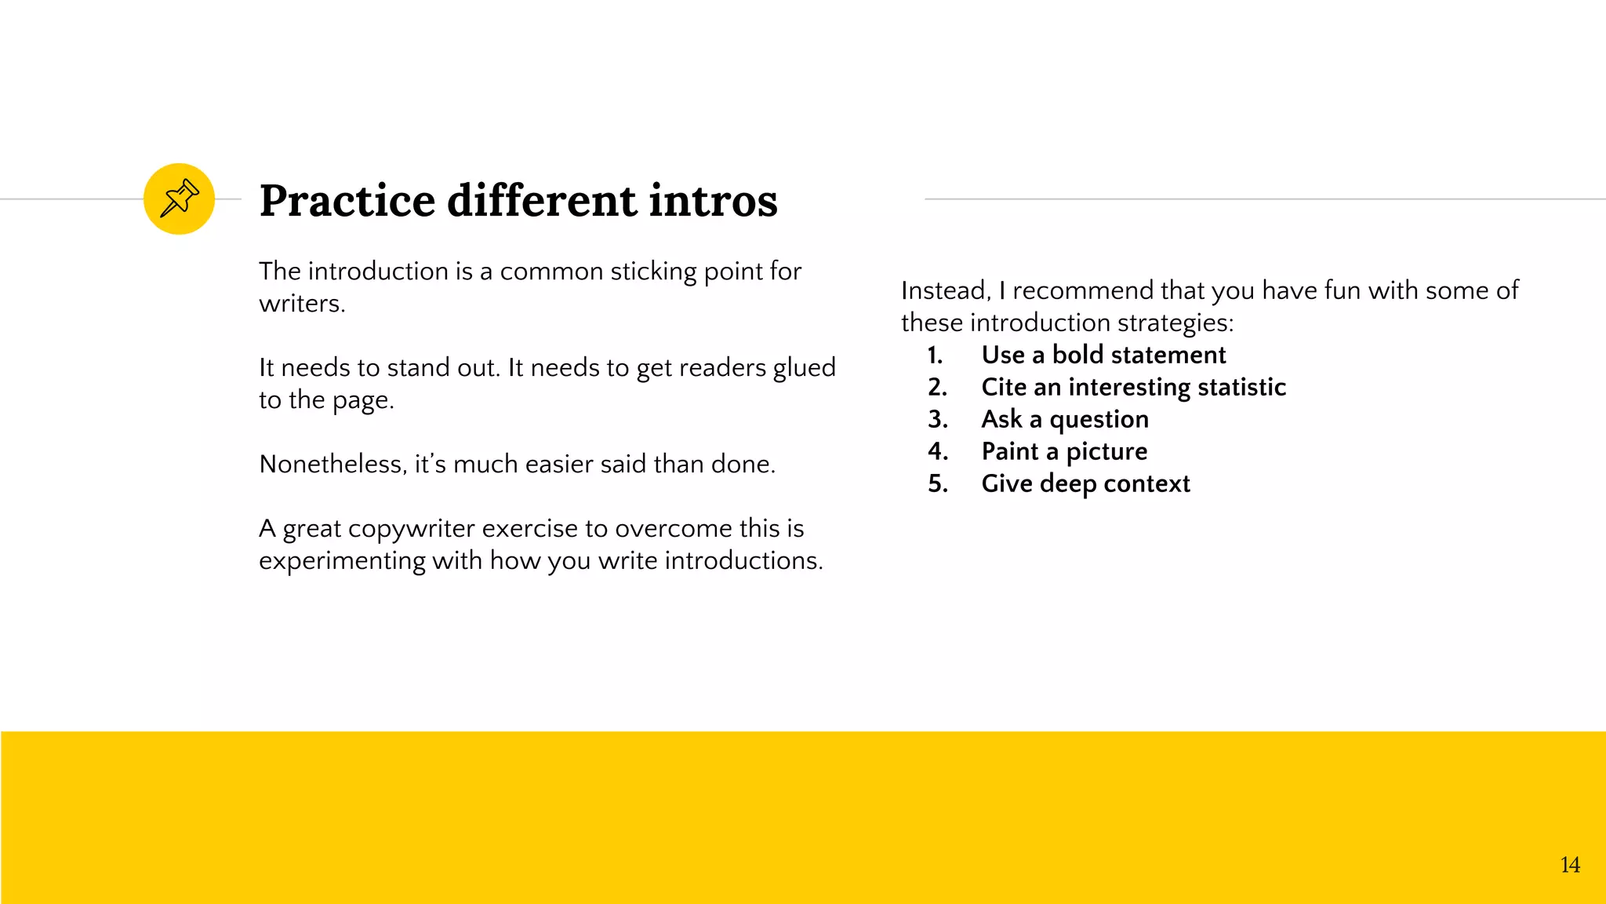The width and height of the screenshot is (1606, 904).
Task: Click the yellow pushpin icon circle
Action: pos(179,199)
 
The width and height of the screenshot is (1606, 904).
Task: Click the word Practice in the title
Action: pos(347,201)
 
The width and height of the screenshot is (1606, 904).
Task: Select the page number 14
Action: pos(1570,865)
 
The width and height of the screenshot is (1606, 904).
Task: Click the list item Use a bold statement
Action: pos(1103,355)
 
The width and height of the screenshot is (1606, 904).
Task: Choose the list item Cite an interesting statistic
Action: pos(1133,387)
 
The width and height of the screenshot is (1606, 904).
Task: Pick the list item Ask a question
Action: pos(1064,419)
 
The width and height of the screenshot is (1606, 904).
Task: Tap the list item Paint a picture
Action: pos(1063,451)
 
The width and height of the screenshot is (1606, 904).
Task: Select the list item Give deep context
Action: pos(1085,483)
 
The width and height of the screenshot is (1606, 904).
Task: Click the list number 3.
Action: pos(937,419)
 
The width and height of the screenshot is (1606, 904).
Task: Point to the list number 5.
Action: pos(937,483)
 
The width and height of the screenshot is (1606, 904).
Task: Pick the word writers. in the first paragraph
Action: pos(302,304)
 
